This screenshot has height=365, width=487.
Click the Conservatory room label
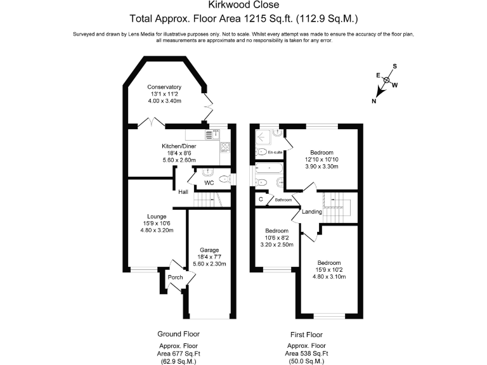pyautogui.click(x=164, y=87)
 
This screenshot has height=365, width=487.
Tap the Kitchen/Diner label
pyautogui.click(x=178, y=146)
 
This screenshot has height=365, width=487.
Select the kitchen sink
pyautogui.click(x=217, y=134)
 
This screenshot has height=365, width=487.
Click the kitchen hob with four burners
pyautogui.click(x=224, y=147)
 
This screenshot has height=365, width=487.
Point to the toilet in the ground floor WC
pyautogui.click(x=207, y=172)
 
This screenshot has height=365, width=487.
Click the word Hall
pyautogui.click(x=183, y=191)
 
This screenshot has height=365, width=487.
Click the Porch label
pyautogui.click(x=174, y=277)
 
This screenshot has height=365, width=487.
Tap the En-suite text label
pyautogui.click(x=275, y=152)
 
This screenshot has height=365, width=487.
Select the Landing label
pyautogui.click(x=311, y=212)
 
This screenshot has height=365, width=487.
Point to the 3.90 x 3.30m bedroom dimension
pyautogui.click(x=321, y=167)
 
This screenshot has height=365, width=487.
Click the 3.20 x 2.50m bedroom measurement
pyautogui.click(x=276, y=245)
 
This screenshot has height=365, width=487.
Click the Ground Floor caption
pyautogui.click(x=178, y=333)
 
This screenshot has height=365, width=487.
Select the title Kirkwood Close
pyautogui.click(x=243, y=6)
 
